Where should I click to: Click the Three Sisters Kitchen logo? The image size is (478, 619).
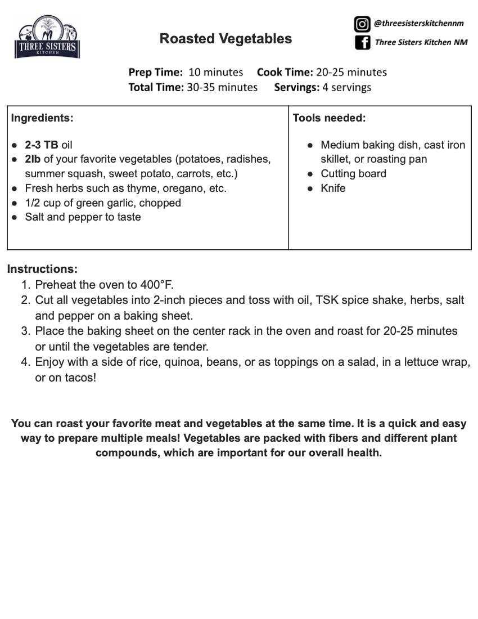[x=47, y=38]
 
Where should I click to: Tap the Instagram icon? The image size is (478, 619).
[x=362, y=24]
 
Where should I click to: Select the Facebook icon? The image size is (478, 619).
[x=362, y=42]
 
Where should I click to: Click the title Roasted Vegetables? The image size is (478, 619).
[x=226, y=38]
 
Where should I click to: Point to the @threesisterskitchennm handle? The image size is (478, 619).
[x=418, y=24]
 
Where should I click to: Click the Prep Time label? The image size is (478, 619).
[x=156, y=72]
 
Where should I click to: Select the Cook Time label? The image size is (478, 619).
[x=285, y=72]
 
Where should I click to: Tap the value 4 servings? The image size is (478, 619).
[x=347, y=87]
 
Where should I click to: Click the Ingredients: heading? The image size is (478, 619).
[x=42, y=118]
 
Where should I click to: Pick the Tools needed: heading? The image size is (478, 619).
[x=329, y=118]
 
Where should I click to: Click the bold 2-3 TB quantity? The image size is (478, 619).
[x=42, y=145]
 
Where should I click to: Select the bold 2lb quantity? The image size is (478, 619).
[x=33, y=159]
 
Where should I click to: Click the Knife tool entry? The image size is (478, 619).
[x=333, y=189]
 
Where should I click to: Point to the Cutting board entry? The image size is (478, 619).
[x=353, y=174]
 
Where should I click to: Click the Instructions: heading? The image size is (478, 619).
[x=42, y=269]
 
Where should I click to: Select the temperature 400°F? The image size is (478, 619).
[x=152, y=285]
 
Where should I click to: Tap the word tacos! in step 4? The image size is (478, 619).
[x=80, y=378]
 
